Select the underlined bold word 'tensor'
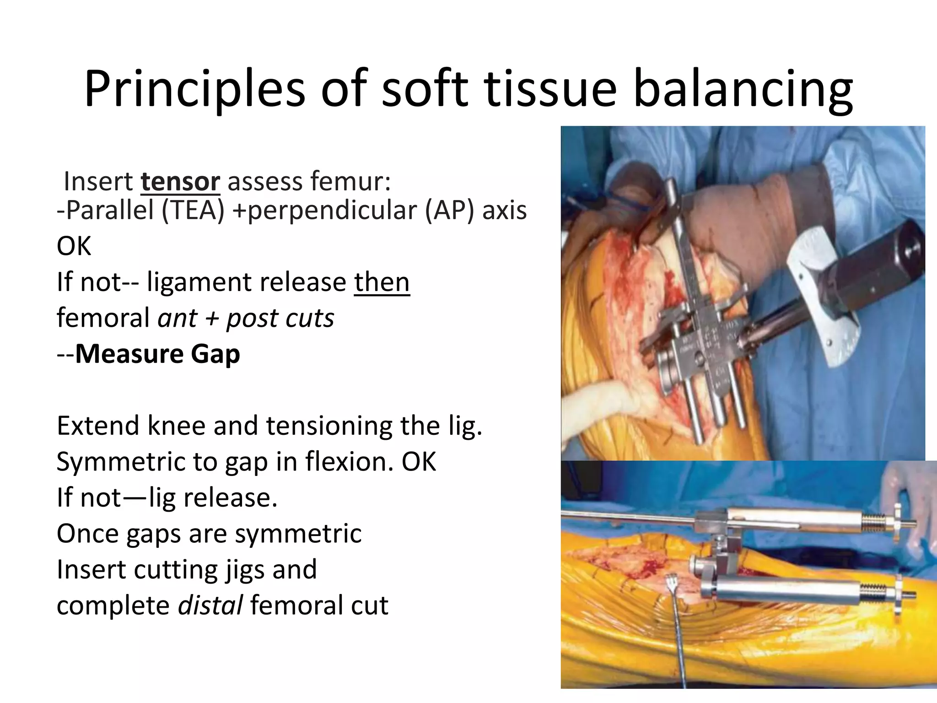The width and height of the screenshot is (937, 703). (x=180, y=181)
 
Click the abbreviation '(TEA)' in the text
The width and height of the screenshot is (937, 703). (x=192, y=211)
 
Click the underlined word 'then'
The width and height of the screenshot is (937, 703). (x=382, y=282)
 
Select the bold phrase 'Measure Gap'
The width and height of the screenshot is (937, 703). (x=157, y=354)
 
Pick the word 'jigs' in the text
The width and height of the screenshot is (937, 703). (x=243, y=569)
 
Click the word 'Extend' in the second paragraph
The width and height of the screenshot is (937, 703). (x=98, y=426)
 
